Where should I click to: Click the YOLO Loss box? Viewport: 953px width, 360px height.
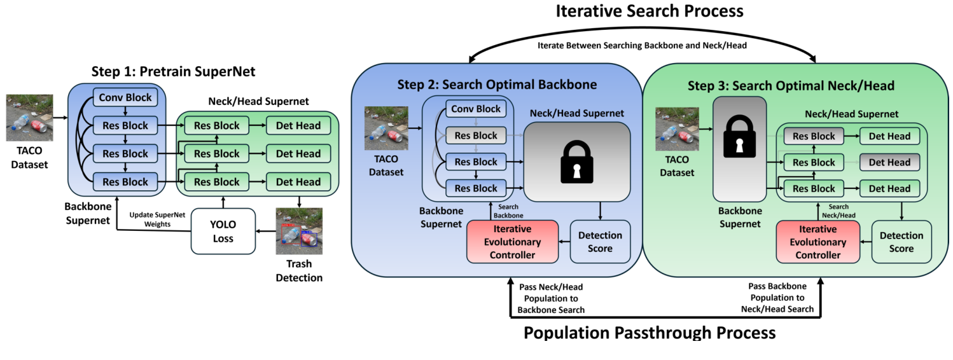223,232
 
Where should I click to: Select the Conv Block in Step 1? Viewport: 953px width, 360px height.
126,98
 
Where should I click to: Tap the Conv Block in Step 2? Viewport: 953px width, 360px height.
476,109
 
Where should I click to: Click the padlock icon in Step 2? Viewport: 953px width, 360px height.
577,162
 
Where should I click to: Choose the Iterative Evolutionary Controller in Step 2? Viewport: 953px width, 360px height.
512,242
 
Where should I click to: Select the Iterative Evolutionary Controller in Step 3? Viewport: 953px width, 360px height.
817,242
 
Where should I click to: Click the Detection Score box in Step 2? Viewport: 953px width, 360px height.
600,242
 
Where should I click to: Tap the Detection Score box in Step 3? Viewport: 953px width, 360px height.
901,242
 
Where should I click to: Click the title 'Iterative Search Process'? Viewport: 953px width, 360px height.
649,11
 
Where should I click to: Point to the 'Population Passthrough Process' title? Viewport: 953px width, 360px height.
649,333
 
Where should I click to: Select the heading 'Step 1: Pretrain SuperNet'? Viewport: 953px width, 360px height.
173,71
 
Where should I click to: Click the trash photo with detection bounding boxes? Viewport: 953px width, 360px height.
298,232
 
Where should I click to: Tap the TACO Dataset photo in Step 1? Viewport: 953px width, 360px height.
29,118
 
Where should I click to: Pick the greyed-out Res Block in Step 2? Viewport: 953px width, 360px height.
476,135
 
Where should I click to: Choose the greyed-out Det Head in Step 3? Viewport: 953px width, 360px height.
889,162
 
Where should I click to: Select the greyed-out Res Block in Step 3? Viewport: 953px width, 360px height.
814,136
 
